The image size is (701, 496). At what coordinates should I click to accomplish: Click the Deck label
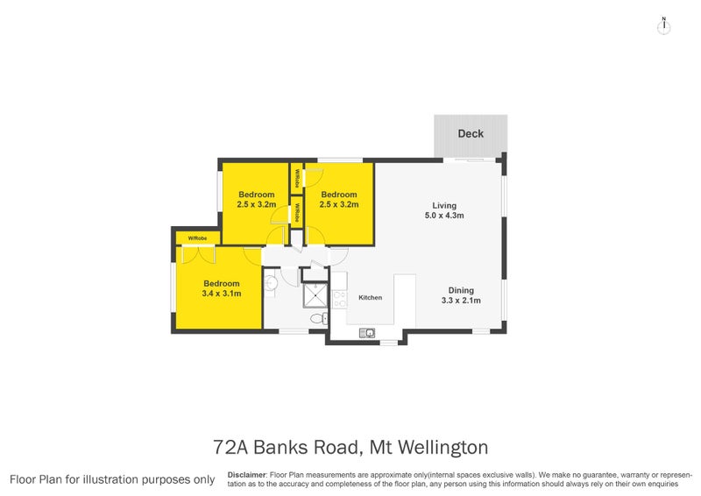[471, 134]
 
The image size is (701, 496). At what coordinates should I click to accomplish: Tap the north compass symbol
[664, 25]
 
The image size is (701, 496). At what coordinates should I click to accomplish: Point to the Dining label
[461, 291]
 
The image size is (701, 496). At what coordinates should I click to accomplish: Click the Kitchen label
[370, 298]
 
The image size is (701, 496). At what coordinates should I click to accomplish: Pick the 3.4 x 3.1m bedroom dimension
[222, 294]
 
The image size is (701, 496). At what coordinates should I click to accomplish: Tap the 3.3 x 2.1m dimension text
[461, 301]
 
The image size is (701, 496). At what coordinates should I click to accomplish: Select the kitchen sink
[371, 332]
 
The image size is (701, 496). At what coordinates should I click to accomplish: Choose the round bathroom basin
[271, 283]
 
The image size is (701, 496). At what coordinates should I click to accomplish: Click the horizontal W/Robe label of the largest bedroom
[196, 237]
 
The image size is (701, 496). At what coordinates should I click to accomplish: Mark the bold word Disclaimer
[246, 473]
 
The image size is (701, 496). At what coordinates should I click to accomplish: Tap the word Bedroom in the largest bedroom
[222, 283]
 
